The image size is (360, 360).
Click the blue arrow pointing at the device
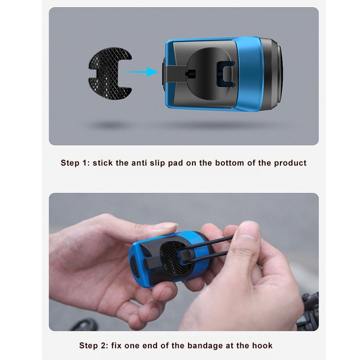141,72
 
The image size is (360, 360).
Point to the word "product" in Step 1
290,163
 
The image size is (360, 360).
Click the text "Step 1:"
75,163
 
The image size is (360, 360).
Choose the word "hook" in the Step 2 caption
262,345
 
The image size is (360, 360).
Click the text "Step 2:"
94,346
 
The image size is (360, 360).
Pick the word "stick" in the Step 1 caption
103,163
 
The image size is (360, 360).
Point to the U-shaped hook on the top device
226,74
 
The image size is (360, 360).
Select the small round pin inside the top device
190,74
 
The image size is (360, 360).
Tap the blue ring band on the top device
249,73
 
